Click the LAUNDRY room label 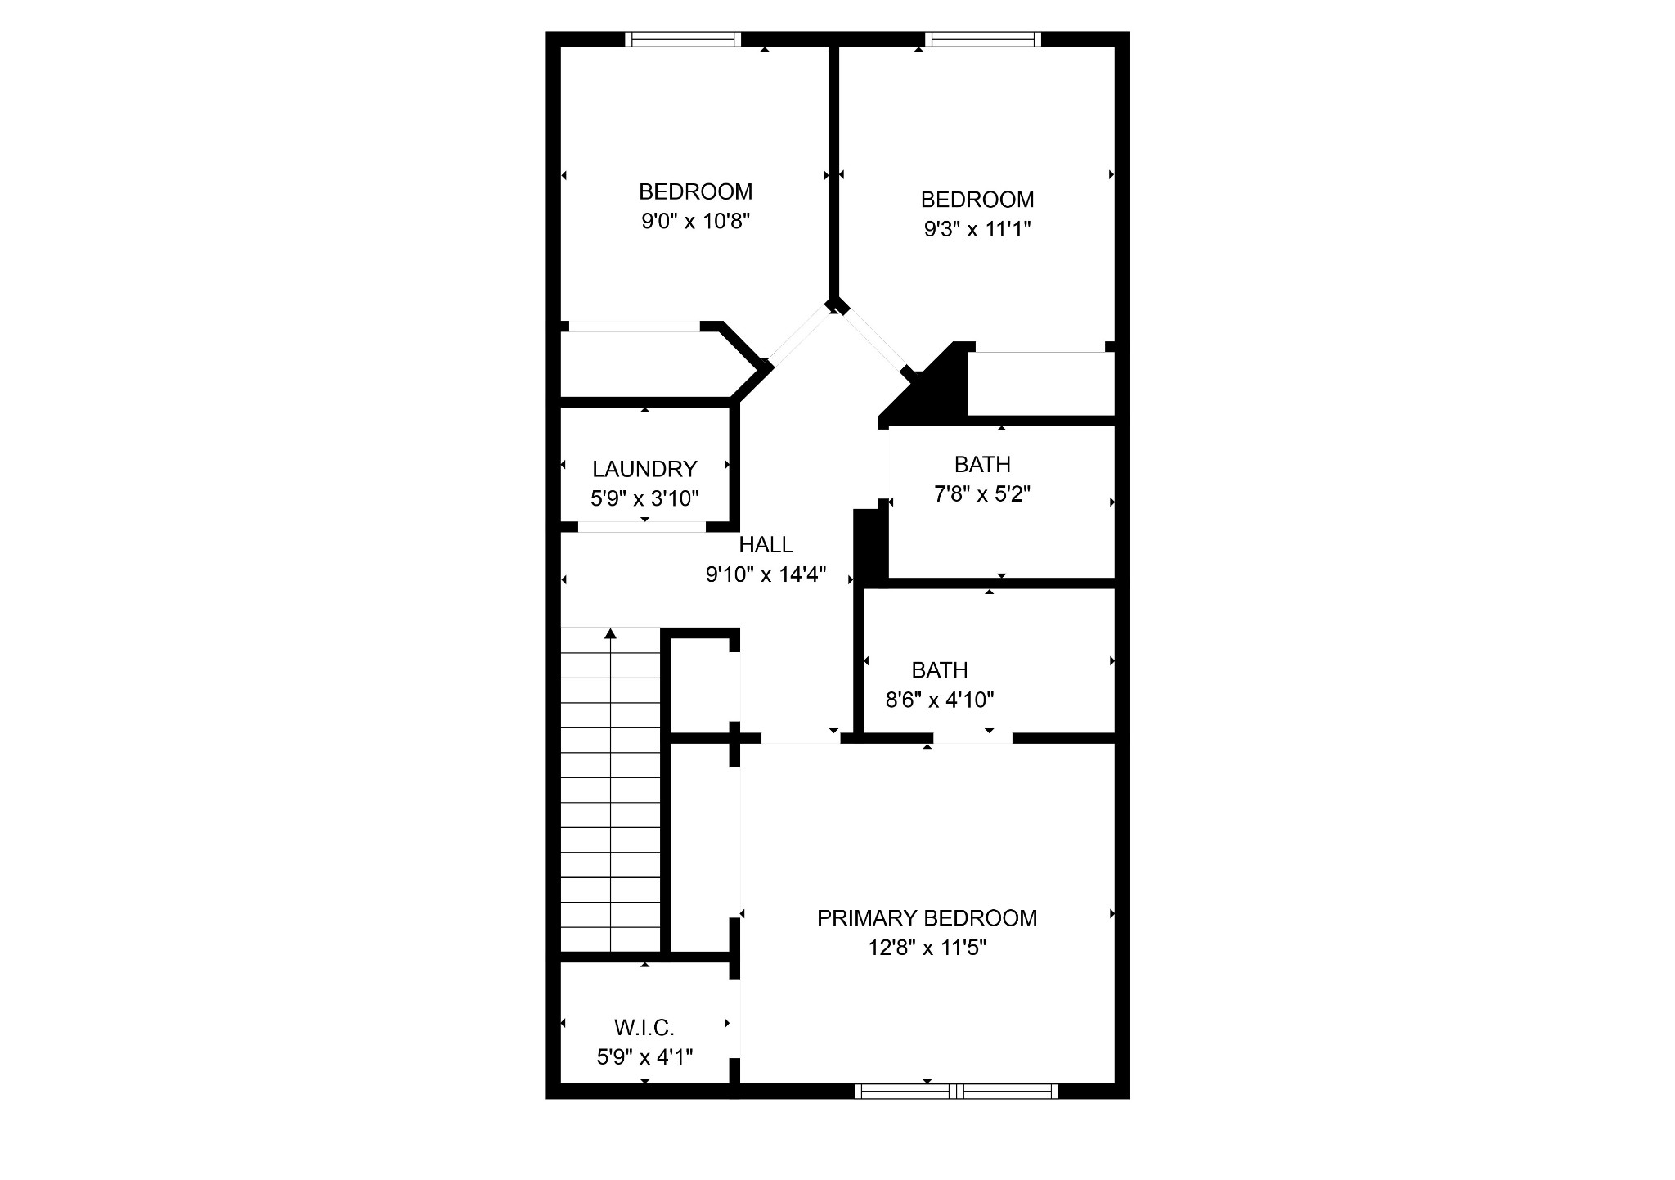tap(644, 469)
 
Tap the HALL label tap(766, 544)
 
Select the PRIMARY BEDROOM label tap(927, 918)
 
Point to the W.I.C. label tap(644, 1027)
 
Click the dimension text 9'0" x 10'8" tap(695, 221)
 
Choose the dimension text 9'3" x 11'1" tap(977, 229)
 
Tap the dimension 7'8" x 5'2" tap(981, 494)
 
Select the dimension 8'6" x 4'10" tap(940, 700)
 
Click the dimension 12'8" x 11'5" tap(927, 948)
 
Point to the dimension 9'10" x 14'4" tap(766, 574)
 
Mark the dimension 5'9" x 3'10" tap(644, 498)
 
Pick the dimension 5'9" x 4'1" tap(644, 1057)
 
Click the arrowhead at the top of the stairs tap(611, 633)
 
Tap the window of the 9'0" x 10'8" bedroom tap(683, 38)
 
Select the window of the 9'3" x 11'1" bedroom tap(983, 38)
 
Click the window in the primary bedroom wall tap(956, 1091)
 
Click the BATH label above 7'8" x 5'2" tap(982, 464)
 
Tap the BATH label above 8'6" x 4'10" tap(940, 669)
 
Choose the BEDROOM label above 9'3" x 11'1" tap(977, 199)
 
